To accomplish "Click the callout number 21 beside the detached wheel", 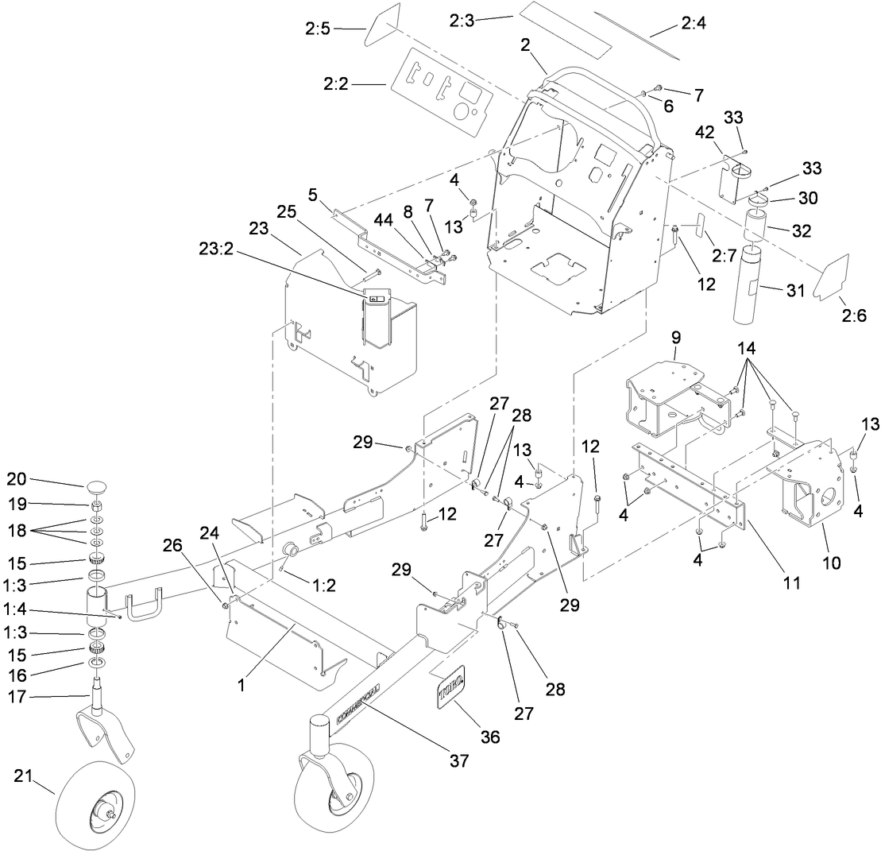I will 24,777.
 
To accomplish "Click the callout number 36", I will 489,737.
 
